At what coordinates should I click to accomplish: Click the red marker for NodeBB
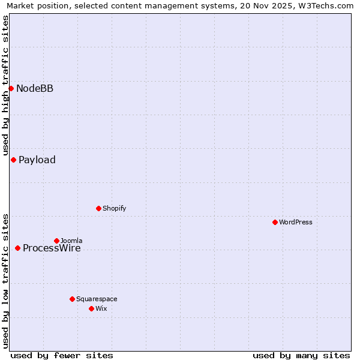11,88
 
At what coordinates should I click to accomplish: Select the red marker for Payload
13,160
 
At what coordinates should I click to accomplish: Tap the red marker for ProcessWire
17,248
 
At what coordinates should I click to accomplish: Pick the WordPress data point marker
275,222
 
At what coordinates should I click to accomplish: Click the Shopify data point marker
98,208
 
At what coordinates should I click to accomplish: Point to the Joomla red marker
56,241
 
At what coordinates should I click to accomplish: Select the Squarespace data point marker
72,299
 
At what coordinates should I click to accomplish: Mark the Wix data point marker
91,308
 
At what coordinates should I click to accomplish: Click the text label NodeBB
35,89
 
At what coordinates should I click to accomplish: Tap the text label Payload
37,160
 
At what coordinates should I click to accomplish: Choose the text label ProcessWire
52,248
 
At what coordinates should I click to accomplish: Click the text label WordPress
296,223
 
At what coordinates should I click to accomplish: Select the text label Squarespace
97,299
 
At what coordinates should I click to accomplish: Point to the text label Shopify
114,209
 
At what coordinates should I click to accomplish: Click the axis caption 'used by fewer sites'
62,355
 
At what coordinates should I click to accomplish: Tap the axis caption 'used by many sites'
301,355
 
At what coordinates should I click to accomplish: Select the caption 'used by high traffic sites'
5,85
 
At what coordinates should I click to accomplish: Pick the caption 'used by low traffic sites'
5,281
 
